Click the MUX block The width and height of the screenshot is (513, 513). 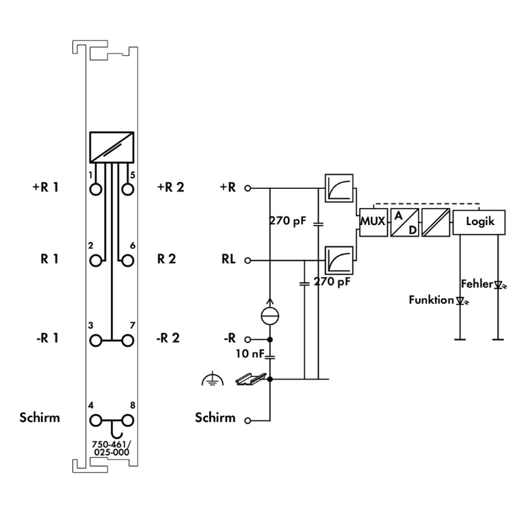click(373, 222)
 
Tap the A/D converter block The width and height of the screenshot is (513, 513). click(404, 222)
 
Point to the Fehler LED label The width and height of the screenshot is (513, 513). click(476, 283)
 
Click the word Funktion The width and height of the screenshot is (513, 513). click(431, 300)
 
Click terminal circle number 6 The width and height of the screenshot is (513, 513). click(126, 260)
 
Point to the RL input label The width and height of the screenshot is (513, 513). click(228, 260)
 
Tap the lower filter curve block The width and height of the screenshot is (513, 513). click(340, 259)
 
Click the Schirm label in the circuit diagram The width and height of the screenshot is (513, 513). click(215, 418)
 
